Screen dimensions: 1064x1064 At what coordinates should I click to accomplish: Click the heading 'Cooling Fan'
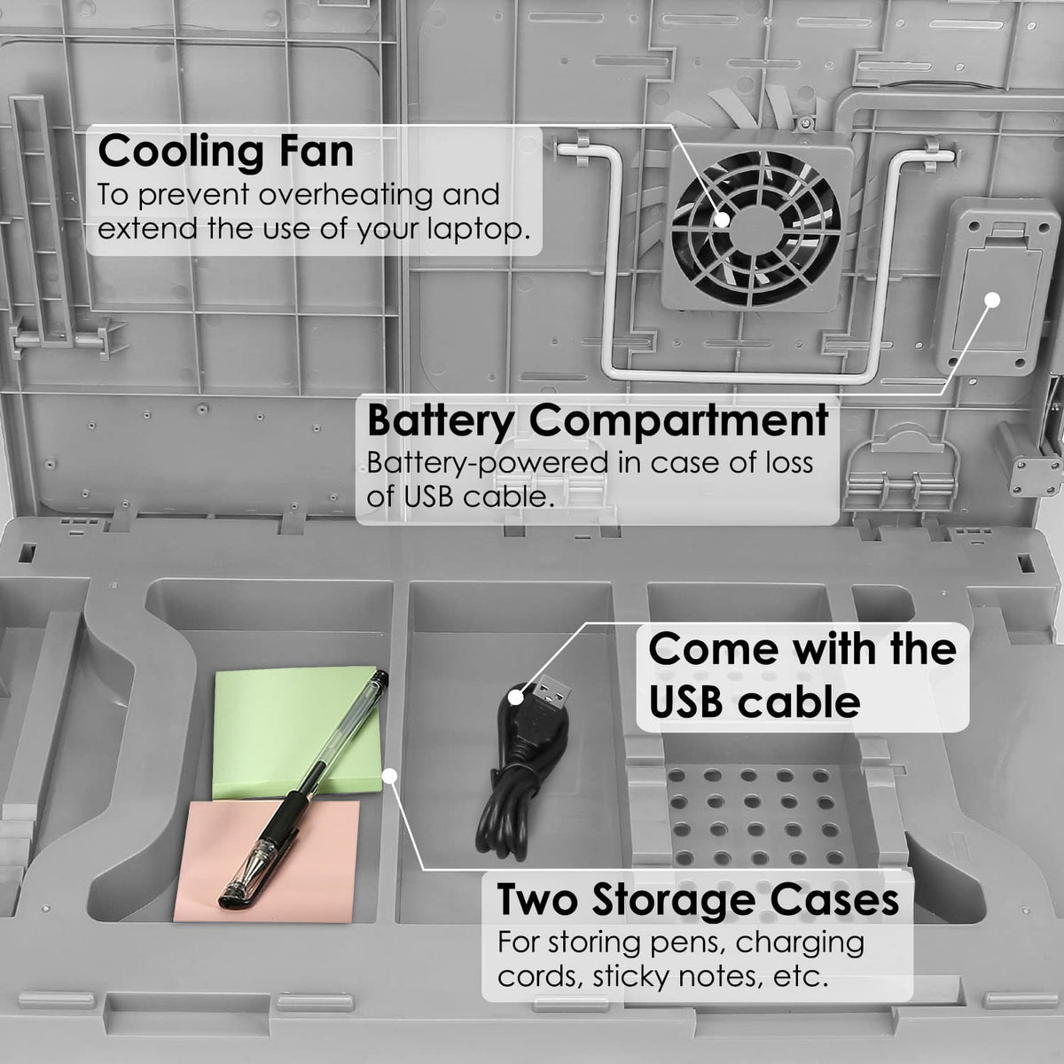click(x=225, y=151)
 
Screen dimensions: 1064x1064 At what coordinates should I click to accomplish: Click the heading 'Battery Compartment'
click(x=598, y=420)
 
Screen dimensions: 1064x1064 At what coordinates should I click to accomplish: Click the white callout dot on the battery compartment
click(x=992, y=300)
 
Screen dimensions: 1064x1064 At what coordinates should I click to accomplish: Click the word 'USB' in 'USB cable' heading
click(x=690, y=702)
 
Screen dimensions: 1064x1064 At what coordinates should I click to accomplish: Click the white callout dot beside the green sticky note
click(x=387, y=777)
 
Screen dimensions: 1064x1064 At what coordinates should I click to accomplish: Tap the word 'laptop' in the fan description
click(x=479, y=229)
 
